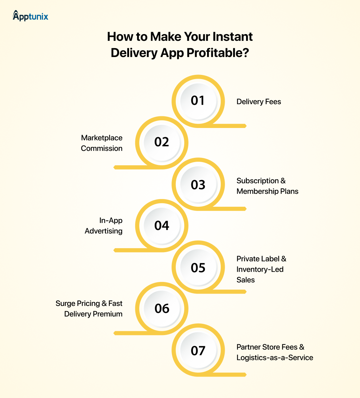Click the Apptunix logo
point(30,16)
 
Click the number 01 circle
point(198,101)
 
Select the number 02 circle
point(162,142)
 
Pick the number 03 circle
point(198,185)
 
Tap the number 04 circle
point(162,225)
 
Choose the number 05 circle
point(198,268)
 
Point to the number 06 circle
point(162,309)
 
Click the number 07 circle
point(198,351)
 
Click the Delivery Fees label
point(259,102)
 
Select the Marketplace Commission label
point(102,143)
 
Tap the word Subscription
point(257,181)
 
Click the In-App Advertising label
point(104,226)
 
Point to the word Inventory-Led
point(260,269)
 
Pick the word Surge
point(65,303)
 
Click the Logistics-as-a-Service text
point(275,358)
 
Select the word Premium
point(108,314)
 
